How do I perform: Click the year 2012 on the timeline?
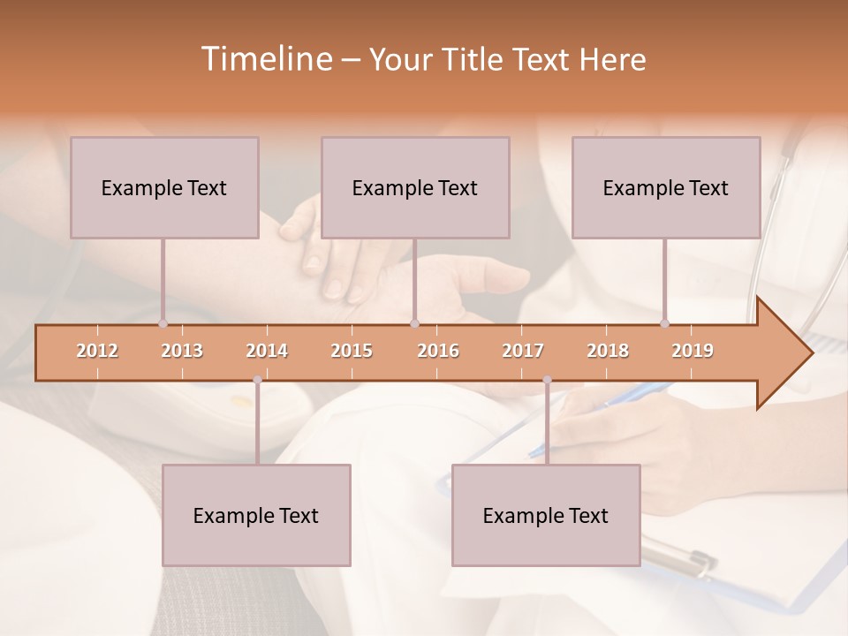(x=97, y=351)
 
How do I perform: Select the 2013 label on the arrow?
(x=182, y=351)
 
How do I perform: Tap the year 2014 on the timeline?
(x=267, y=351)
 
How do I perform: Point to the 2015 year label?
(x=352, y=351)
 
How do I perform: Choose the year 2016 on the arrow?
(x=438, y=351)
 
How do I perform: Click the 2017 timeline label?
(x=523, y=351)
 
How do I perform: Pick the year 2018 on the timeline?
(x=608, y=351)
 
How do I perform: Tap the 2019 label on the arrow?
(x=693, y=351)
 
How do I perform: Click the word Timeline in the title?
(x=265, y=59)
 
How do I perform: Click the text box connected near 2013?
(x=164, y=187)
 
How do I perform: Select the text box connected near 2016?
(x=415, y=187)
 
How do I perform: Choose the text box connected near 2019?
(x=666, y=187)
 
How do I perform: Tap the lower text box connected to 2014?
(x=256, y=515)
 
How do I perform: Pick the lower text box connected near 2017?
(x=546, y=515)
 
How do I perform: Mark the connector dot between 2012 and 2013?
(x=163, y=324)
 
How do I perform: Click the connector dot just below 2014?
(x=257, y=380)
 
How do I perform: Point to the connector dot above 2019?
(x=664, y=324)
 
